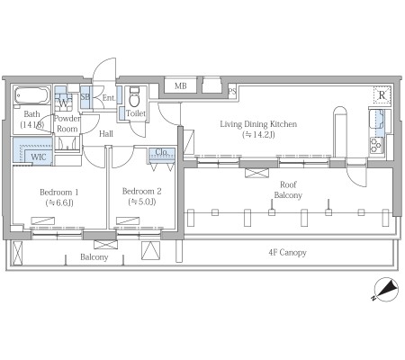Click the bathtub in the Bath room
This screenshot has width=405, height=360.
point(32,95)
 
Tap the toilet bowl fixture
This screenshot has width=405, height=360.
point(134,96)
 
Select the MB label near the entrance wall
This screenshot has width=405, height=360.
point(181,86)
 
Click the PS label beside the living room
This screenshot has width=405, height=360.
point(232,91)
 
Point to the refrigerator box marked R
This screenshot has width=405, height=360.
point(382,95)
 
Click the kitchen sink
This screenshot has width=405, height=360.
point(377,119)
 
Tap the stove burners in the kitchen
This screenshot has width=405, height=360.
point(376,146)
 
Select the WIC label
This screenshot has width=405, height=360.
point(39,157)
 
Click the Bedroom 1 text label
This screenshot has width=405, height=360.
point(59,192)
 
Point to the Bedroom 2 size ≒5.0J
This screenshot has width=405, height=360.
point(142,202)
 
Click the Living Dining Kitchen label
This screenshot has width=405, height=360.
point(258,124)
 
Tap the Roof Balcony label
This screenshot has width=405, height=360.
point(288,190)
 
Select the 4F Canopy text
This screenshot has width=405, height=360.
point(287,253)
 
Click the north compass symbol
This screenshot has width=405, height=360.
point(386,290)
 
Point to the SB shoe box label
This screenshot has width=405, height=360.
point(85,97)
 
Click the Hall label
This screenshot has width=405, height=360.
point(106,134)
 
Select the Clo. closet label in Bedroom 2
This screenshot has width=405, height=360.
point(161,152)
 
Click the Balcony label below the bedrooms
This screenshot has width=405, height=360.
point(94,257)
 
